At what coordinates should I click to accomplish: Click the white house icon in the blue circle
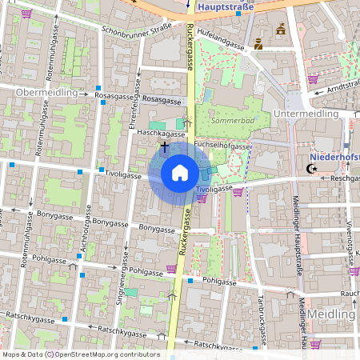coord(180,172)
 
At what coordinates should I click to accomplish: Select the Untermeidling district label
coord(306,114)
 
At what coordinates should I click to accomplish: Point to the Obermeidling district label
coord(46,93)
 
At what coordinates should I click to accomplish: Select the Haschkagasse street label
coord(161,134)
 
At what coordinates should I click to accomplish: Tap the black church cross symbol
coord(165,146)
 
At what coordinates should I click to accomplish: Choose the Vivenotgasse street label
coord(350,240)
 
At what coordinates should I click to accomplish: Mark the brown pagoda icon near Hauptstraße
coord(280,30)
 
